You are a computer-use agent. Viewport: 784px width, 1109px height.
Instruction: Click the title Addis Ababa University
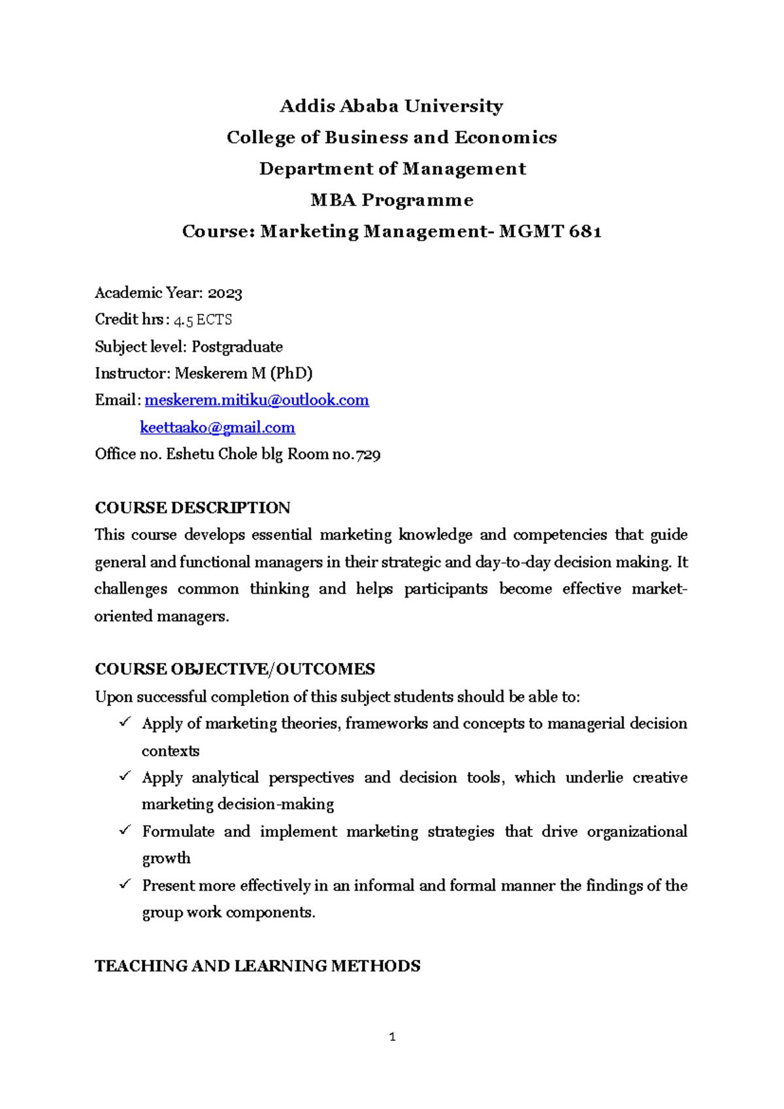[x=391, y=106]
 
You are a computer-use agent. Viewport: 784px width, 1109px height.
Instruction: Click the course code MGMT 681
[x=550, y=231]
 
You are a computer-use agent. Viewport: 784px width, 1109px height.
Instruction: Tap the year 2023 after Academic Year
[x=225, y=293]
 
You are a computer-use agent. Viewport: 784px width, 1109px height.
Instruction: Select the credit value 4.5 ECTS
[x=203, y=320]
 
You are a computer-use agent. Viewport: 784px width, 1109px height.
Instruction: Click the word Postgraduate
[x=237, y=347]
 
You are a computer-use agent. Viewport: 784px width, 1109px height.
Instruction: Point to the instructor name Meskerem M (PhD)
[x=244, y=373]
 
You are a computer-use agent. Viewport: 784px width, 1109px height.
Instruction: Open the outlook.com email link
[x=257, y=400]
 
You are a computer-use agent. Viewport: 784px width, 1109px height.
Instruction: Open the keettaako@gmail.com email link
[x=217, y=428]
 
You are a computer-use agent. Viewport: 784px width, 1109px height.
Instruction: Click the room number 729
[x=368, y=454]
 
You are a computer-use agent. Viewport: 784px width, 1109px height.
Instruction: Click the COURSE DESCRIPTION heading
[x=193, y=508]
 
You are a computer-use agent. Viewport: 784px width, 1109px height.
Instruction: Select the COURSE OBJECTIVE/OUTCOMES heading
[x=235, y=669]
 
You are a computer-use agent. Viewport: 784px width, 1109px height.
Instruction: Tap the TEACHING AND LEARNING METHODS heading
[x=257, y=966]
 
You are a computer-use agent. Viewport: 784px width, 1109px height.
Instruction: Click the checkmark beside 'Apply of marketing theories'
[x=125, y=723]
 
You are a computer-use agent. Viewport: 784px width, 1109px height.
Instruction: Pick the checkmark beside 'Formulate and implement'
[x=125, y=830]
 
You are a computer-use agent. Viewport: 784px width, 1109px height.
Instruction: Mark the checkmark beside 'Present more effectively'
[x=125, y=884]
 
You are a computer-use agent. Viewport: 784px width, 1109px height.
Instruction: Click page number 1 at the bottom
[x=392, y=1036]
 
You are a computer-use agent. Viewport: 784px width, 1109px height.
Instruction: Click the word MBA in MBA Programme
[x=333, y=200]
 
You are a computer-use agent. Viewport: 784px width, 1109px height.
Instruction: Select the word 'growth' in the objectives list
[x=167, y=858]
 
